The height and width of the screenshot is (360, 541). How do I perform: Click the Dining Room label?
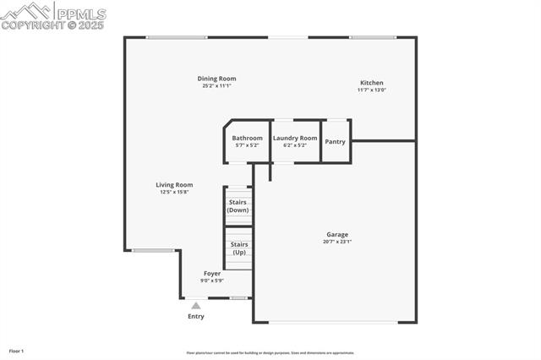tap(217, 79)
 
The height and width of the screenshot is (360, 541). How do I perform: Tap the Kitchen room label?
tap(371, 83)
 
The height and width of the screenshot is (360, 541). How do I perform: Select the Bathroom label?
tap(248, 138)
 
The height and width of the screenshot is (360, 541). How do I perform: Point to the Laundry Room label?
tap(295, 138)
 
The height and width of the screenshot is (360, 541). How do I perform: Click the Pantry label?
tap(336, 141)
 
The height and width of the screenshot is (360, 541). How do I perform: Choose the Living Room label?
tap(174, 184)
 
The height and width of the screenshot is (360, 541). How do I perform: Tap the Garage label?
tap(337, 234)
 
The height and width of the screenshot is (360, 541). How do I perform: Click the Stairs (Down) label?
tap(238, 206)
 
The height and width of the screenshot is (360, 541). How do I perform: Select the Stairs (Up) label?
tap(238, 248)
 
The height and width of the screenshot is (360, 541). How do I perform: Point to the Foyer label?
tap(212, 274)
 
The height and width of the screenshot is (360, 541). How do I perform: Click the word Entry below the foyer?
tap(196, 317)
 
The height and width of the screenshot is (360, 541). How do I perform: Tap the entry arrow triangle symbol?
tap(196, 305)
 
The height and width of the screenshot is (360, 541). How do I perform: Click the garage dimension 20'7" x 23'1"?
tap(337, 242)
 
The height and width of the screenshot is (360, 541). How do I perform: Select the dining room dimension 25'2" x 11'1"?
tap(217, 86)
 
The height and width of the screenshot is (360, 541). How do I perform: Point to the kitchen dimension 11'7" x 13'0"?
tap(371, 90)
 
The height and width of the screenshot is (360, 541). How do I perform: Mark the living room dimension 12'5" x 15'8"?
tap(174, 192)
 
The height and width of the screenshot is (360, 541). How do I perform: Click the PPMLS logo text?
tap(80, 14)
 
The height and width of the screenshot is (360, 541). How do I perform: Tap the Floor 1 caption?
tap(16, 351)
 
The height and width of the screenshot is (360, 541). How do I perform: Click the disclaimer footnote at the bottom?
tap(270, 353)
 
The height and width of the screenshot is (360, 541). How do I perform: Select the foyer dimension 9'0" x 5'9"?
tap(211, 281)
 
